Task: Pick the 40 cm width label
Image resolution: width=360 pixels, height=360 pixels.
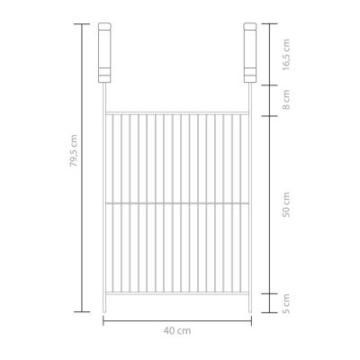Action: (x=177, y=332)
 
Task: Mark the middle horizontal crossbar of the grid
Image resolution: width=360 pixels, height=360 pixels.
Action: (x=177, y=203)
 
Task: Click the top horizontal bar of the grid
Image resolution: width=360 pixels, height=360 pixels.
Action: (x=177, y=112)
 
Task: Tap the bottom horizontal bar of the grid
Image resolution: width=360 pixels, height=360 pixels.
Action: (x=177, y=294)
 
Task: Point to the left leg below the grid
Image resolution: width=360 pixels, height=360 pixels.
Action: (x=105, y=303)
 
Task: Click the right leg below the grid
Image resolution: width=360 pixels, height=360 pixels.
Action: (x=249, y=303)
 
